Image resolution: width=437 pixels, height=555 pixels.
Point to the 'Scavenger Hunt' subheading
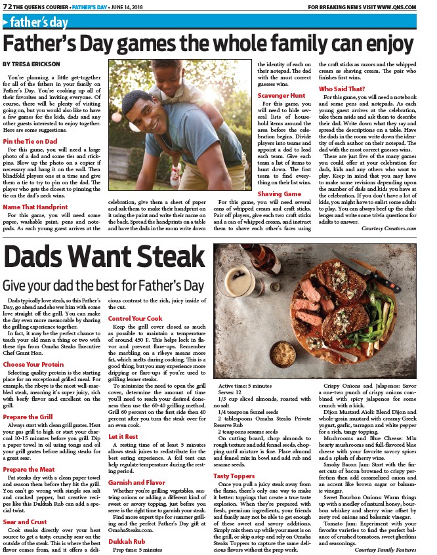coord(281,95)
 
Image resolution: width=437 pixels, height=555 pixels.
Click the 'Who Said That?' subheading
coord(342,88)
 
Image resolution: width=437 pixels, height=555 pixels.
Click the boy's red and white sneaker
coord(175,172)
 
